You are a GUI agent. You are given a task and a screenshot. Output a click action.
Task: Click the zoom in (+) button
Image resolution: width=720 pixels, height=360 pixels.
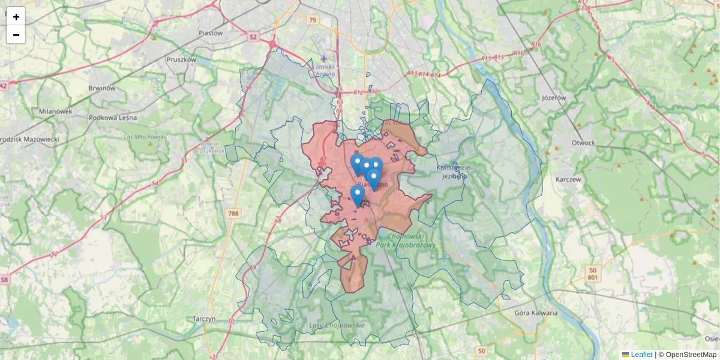click(16, 17)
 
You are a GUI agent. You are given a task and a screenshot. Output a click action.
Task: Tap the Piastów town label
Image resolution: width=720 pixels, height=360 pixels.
click(210, 33)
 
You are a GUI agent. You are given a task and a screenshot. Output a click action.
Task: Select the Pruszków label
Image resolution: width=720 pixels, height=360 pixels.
click(181, 59)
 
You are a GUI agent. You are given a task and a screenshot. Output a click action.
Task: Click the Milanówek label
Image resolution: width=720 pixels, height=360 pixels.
click(55, 111)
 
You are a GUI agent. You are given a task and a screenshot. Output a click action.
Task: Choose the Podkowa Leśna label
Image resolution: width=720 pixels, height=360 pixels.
click(112, 118)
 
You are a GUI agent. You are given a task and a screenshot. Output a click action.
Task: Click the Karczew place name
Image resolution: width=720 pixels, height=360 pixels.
click(569, 179)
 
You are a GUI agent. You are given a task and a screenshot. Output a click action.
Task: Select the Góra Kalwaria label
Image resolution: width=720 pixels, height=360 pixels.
click(536, 313)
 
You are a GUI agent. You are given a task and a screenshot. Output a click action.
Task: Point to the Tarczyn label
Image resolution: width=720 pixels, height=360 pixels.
click(204, 319)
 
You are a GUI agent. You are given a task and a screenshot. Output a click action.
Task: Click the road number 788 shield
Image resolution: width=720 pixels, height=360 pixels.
click(233, 213)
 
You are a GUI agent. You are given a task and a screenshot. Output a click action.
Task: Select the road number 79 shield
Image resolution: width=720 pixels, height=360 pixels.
click(311, 20)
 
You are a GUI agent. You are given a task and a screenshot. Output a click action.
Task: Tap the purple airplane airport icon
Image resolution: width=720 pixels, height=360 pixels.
click(324, 59)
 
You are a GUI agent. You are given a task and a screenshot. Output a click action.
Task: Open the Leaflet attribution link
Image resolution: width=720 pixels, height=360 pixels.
click(641, 355)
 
